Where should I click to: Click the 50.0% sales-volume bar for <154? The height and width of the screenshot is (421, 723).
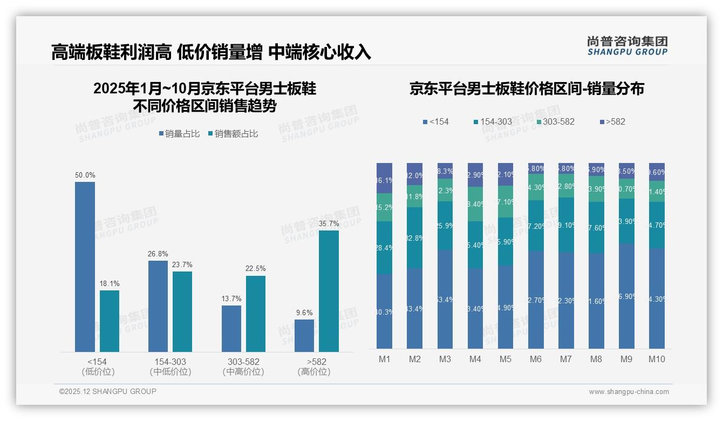[x=85, y=267]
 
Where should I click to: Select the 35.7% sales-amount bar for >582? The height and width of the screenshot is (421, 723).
[x=329, y=291]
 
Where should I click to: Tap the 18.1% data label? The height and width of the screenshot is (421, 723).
[x=110, y=283]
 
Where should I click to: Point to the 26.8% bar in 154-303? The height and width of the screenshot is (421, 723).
[x=158, y=306]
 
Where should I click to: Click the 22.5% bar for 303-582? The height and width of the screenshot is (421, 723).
[x=255, y=314]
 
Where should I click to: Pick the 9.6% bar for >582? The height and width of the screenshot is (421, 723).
[x=304, y=335]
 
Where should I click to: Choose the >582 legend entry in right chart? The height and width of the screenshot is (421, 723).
[x=612, y=122]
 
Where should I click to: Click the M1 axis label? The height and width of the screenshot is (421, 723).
[x=384, y=359]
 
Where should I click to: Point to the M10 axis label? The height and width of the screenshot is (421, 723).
[x=657, y=359]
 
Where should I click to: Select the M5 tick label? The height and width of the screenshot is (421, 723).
[x=505, y=359]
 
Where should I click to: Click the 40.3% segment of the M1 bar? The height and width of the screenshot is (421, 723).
[x=384, y=311]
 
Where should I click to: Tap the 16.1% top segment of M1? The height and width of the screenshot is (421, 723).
[x=384, y=178]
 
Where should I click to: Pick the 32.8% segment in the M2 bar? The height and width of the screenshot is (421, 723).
[x=414, y=238]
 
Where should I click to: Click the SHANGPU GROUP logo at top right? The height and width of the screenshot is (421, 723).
[x=627, y=46]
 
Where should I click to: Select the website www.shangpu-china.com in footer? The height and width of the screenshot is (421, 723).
[x=629, y=392]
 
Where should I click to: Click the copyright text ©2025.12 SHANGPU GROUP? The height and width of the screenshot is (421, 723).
[x=108, y=391]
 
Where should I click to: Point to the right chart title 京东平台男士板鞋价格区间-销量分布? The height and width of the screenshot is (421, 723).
[x=527, y=89]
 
